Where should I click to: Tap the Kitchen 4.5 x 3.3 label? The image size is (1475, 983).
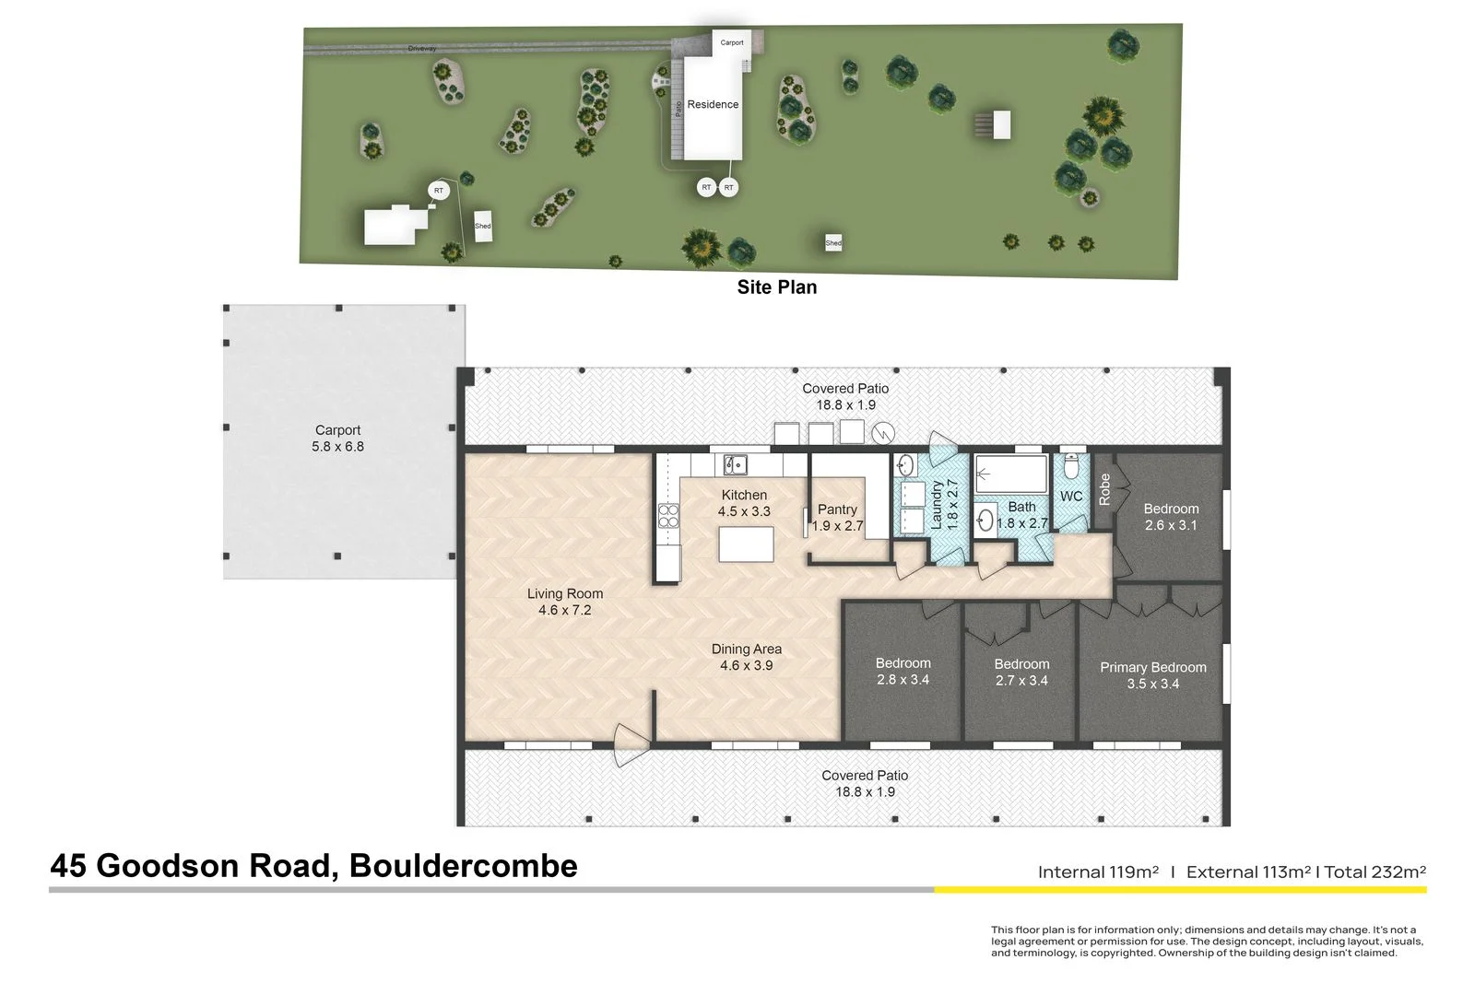744,503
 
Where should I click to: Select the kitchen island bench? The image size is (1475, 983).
746,544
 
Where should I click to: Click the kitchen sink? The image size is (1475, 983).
735,463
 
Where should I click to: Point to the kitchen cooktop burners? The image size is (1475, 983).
668,516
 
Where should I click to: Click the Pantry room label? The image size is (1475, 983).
837,509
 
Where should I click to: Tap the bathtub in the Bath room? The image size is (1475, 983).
1011,475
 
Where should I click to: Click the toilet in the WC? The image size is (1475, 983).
1070,467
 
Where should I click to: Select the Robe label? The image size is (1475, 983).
1104,489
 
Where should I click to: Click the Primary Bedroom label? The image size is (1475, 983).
1152,667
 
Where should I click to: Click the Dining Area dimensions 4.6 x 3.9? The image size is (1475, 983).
746,665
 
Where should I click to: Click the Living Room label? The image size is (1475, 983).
565,593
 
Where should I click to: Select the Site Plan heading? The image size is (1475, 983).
776,287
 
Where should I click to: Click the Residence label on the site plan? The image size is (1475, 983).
713,104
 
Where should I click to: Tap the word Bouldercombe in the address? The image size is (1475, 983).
464,865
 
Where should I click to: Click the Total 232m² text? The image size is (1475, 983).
1375,872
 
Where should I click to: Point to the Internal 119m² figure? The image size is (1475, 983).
1097,872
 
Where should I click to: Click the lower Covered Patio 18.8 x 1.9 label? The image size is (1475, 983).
865,783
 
